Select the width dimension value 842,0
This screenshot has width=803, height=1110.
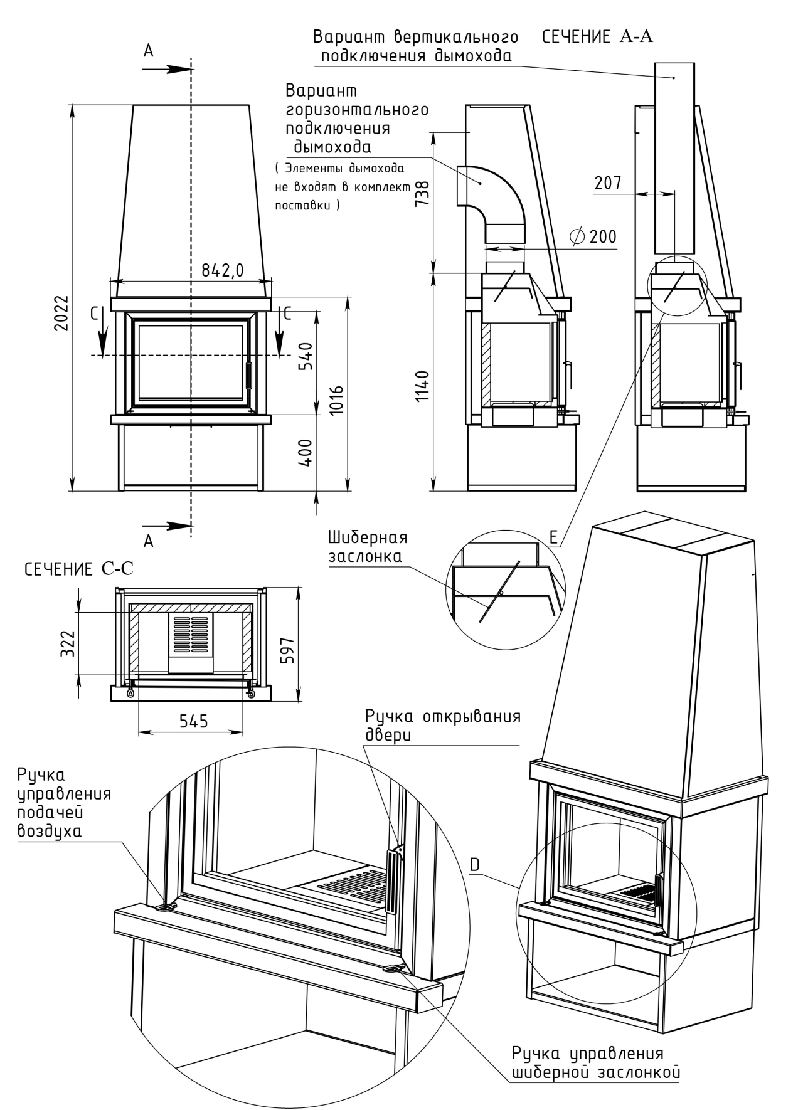222,270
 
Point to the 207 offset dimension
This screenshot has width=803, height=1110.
609,183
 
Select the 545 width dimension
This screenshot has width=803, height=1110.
193,721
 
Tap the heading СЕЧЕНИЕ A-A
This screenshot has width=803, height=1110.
597,36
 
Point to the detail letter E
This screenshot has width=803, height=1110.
553,537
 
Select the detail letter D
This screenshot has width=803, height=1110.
475,864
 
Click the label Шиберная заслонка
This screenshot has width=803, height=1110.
367,547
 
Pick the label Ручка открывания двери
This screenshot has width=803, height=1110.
443,726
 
